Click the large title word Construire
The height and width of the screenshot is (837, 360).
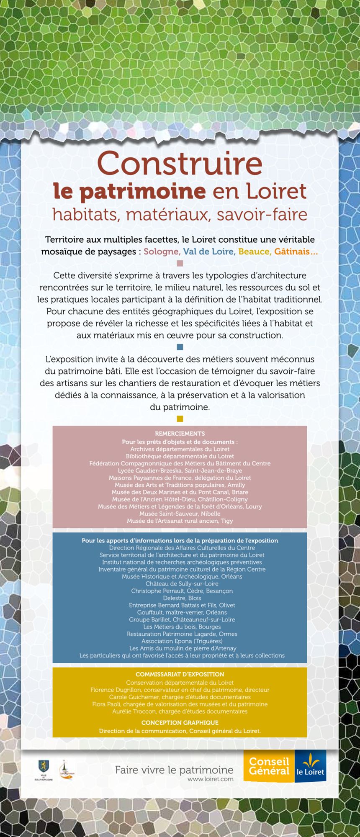point(180,163)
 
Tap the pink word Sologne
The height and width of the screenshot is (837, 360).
point(162,252)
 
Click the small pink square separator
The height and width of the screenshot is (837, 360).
point(180,263)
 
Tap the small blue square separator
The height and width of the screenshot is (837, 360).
point(180,347)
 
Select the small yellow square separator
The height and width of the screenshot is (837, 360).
point(180,418)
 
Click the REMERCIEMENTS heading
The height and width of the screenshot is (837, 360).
point(180,434)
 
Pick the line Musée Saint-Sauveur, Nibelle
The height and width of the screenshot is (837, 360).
point(180,513)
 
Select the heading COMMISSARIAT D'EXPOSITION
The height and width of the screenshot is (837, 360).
point(180,674)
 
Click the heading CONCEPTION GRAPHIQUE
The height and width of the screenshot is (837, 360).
point(180,722)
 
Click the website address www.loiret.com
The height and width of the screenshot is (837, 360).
point(210,779)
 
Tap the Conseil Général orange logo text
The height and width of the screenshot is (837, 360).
point(269,766)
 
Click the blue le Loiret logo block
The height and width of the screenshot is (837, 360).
point(310,766)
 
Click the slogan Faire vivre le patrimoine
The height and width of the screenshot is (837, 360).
point(174,770)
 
